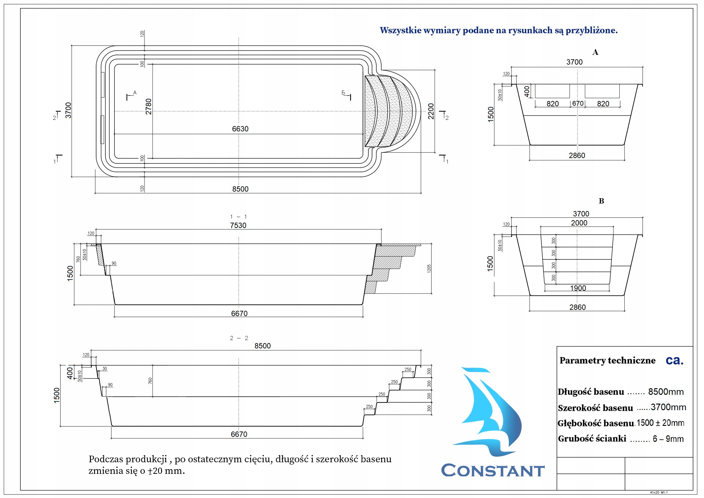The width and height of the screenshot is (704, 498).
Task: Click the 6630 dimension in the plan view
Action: coord(240,129)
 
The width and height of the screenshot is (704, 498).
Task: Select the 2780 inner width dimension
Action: coord(149,107)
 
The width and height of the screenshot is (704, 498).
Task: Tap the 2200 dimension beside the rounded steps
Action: coord(431,111)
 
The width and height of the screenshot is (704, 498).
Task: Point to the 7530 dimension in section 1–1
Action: coord(238,225)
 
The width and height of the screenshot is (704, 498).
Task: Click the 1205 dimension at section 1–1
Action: coord(429,268)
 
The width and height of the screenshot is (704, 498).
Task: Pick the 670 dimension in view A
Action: coord(578,103)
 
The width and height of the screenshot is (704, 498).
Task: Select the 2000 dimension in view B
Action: coord(579,223)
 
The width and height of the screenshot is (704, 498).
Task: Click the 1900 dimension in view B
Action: coord(578,288)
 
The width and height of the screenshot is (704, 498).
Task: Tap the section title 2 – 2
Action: coord(239,338)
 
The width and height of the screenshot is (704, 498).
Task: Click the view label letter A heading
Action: coord(595,52)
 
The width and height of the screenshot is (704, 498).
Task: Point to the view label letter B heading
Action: coord(601,201)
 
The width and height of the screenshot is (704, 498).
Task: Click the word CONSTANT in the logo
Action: coord(493,471)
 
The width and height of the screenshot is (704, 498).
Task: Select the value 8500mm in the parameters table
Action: coord(666,392)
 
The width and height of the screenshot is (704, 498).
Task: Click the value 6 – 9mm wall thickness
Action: coord(668,439)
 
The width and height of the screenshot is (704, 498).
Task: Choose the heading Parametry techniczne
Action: coord(607,361)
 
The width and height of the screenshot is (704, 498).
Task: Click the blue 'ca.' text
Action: coord(675,360)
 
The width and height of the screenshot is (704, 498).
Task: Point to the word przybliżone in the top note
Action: coord(591,30)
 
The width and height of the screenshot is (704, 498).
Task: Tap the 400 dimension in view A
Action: coord(527,91)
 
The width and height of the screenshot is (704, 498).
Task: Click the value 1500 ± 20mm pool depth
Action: coord(660,423)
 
